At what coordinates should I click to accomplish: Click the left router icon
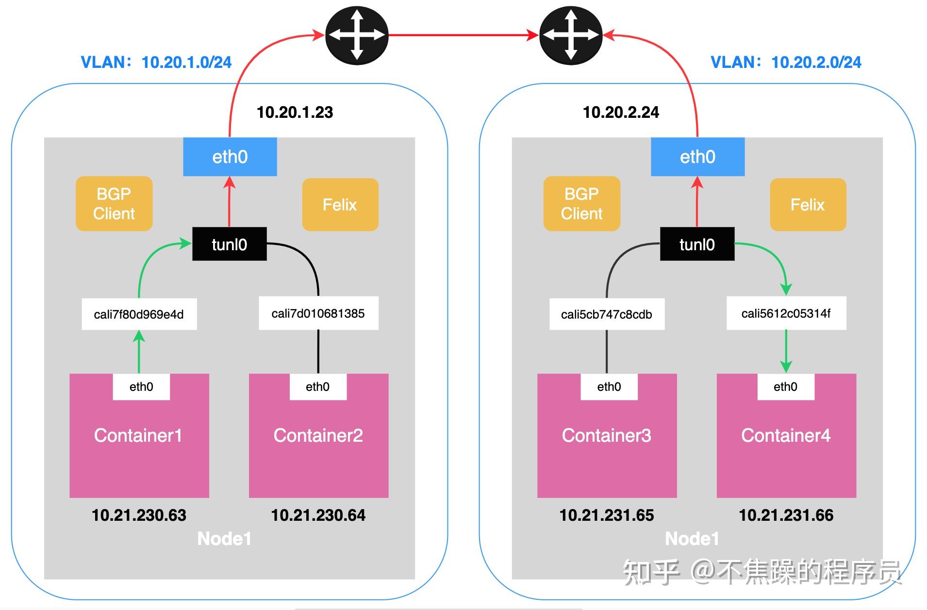pyautogui.click(x=357, y=35)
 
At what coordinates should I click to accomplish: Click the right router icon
pyautogui.click(x=571, y=35)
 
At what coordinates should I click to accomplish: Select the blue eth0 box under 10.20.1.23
pyautogui.click(x=230, y=157)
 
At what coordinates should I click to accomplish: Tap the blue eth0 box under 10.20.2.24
pyautogui.click(x=697, y=157)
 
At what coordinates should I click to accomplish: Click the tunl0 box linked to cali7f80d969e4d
pyautogui.click(x=229, y=244)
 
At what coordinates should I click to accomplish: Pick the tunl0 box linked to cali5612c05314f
pyautogui.click(x=697, y=244)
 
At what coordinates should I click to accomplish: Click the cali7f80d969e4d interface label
pyautogui.click(x=139, y=314)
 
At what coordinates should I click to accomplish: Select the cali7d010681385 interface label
pyautogui.click(x=318, y=313)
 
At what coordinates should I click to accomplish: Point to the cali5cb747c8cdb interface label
pyautogui.click(x=607, y=314)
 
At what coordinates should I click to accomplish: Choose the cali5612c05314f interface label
pyautogui.click(x=786, y=313)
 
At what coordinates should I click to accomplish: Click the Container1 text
pyautogui.click(x=138, y=435)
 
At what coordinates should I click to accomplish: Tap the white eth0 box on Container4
pyautogui.click(x=785, y=386)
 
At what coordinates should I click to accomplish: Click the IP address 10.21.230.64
pyautogui.click(x=318, y=515)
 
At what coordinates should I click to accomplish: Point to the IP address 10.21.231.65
pyautogui.click(x=607, y=515)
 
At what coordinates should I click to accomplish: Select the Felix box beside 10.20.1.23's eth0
pyautogui.click(x=340, y=204)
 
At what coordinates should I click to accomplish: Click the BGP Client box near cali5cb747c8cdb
pyautogui.click(x=581, y=204)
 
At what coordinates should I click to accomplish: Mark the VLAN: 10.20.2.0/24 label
pyautogui.click(x=786, y=62)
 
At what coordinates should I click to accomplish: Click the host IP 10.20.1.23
pyautogui.click(x=295, y=112)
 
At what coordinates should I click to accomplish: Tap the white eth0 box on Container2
pyautogui.click(x=317, y=386)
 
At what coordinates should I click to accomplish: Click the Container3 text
pyautogui.click(x=607, y=435)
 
